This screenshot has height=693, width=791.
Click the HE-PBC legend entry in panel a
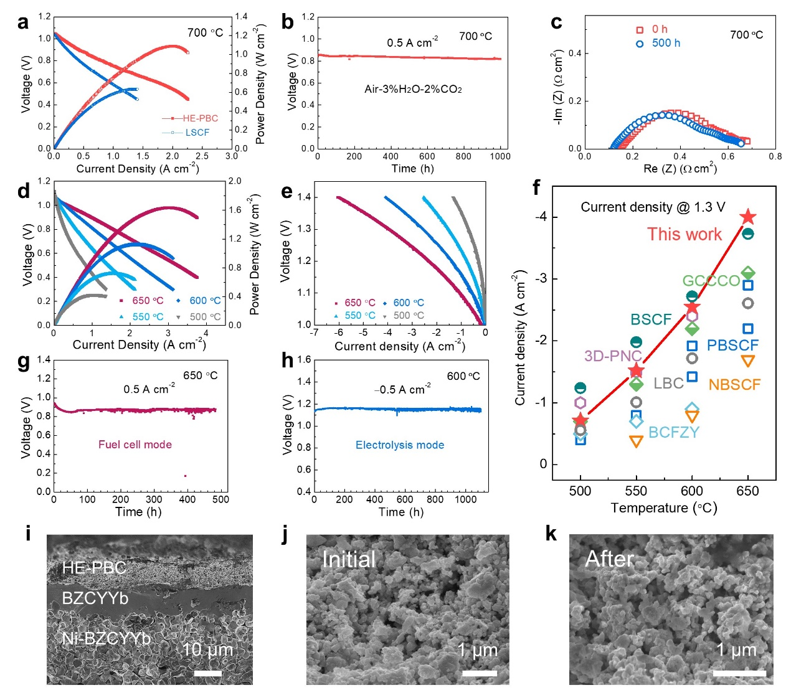click(x=199, y=118)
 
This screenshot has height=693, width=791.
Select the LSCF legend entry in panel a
click(x=197, y=133)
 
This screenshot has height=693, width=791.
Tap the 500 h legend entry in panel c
click(x=666, y=44)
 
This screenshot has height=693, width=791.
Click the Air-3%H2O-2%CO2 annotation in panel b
click(x=413, y=89)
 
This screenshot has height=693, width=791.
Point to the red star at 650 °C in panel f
click(x=748, y=217)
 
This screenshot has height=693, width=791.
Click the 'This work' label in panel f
click(x=684, y=234)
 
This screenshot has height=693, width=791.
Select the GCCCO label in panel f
click(x=711, y=281)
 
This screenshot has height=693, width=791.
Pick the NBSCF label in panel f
click(x=734, y=385)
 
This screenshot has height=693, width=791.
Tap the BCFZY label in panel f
click(x=674, y=432)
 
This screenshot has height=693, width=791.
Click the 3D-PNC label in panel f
click(x=613, y=356)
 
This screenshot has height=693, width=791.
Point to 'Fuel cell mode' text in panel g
click(x=135, y=445)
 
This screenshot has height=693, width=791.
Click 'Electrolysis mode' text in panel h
click(x=400, y=445)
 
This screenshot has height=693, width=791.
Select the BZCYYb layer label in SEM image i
click(x=95, y=599)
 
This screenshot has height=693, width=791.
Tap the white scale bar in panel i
click(x=208, y=673)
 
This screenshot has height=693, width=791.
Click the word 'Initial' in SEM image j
click(x=349, y=559)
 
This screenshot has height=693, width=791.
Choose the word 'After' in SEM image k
click(x=609, y=559)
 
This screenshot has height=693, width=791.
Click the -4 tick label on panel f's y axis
click(x=541, y=217)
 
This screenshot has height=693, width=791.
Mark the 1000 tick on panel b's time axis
click(x=500, y=156)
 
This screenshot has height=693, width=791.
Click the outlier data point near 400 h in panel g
click(x=185, y=476)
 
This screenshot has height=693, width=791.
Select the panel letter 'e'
click(x=287, y=192)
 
